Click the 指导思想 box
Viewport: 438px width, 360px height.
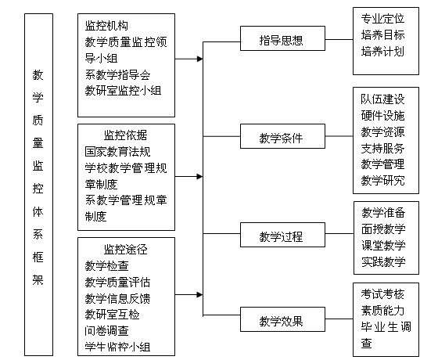tap(282, 38)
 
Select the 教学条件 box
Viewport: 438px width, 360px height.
tap(282, 136)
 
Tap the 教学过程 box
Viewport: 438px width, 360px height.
tap(282, 235)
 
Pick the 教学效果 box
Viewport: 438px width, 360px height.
tap(282, 319)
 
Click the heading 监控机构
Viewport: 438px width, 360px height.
tap(106, 26)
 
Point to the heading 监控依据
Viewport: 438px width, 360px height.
tap(125, 135)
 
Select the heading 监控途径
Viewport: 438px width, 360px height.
tap(125, 250)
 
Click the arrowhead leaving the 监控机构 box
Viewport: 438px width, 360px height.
tap(199, 59)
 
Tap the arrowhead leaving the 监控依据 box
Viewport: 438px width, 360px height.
tap(199, 176)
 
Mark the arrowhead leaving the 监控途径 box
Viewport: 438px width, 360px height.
tap(199, 294)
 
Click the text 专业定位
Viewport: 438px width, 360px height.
tap(382, 19)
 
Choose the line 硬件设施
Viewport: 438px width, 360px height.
tap(382, 116)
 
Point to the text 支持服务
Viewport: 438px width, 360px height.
tap(382, 148)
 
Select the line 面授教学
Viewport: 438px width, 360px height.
tap(383, 229)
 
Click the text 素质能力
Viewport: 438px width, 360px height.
tap(382, 310)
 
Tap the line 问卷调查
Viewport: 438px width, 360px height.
tap(106, 331)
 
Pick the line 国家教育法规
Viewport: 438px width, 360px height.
tap(117, 152)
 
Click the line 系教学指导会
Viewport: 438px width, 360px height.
tap(117, 74)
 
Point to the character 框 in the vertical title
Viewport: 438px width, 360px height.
tap(38, 257)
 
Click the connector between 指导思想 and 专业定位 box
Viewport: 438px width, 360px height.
tap(339, 39)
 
